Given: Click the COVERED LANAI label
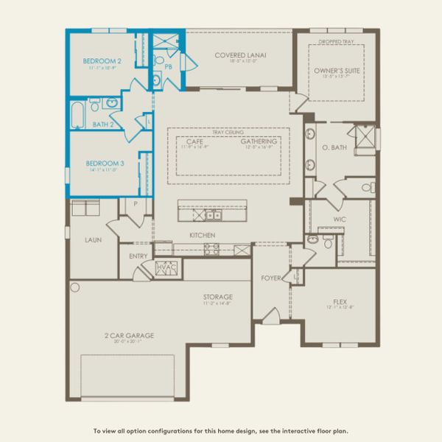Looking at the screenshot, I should click(240, 55).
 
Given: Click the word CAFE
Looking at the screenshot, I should click(194, 141).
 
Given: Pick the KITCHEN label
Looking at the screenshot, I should click(202, 234).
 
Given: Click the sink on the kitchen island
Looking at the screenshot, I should click(212, 215).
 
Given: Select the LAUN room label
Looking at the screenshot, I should click(93, 239).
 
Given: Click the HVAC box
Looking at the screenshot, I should click(164, 267).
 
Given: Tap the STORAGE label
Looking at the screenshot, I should click(218, 297).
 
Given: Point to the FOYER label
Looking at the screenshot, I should click(272, 278).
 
